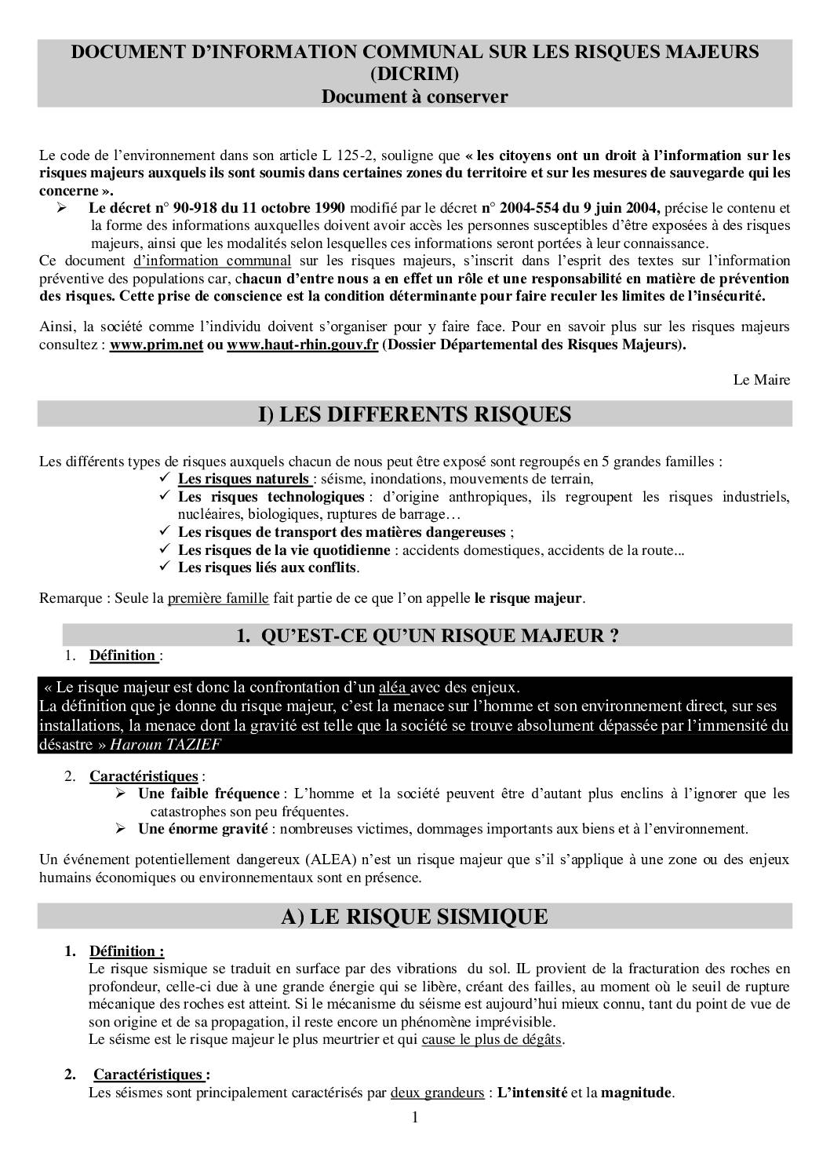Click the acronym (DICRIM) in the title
[415, 74]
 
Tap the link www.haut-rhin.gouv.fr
[302, 346]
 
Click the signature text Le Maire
[761, 380]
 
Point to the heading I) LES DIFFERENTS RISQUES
[415, 414]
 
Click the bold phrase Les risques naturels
[243, 479]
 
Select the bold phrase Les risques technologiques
[271, 497]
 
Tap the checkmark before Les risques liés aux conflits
[165, 567]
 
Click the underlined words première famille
[218, 598]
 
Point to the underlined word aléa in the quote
[391, 688]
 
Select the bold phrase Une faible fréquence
[209, 794]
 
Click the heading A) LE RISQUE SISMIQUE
[415, 916]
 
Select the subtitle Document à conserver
[415, 97]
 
